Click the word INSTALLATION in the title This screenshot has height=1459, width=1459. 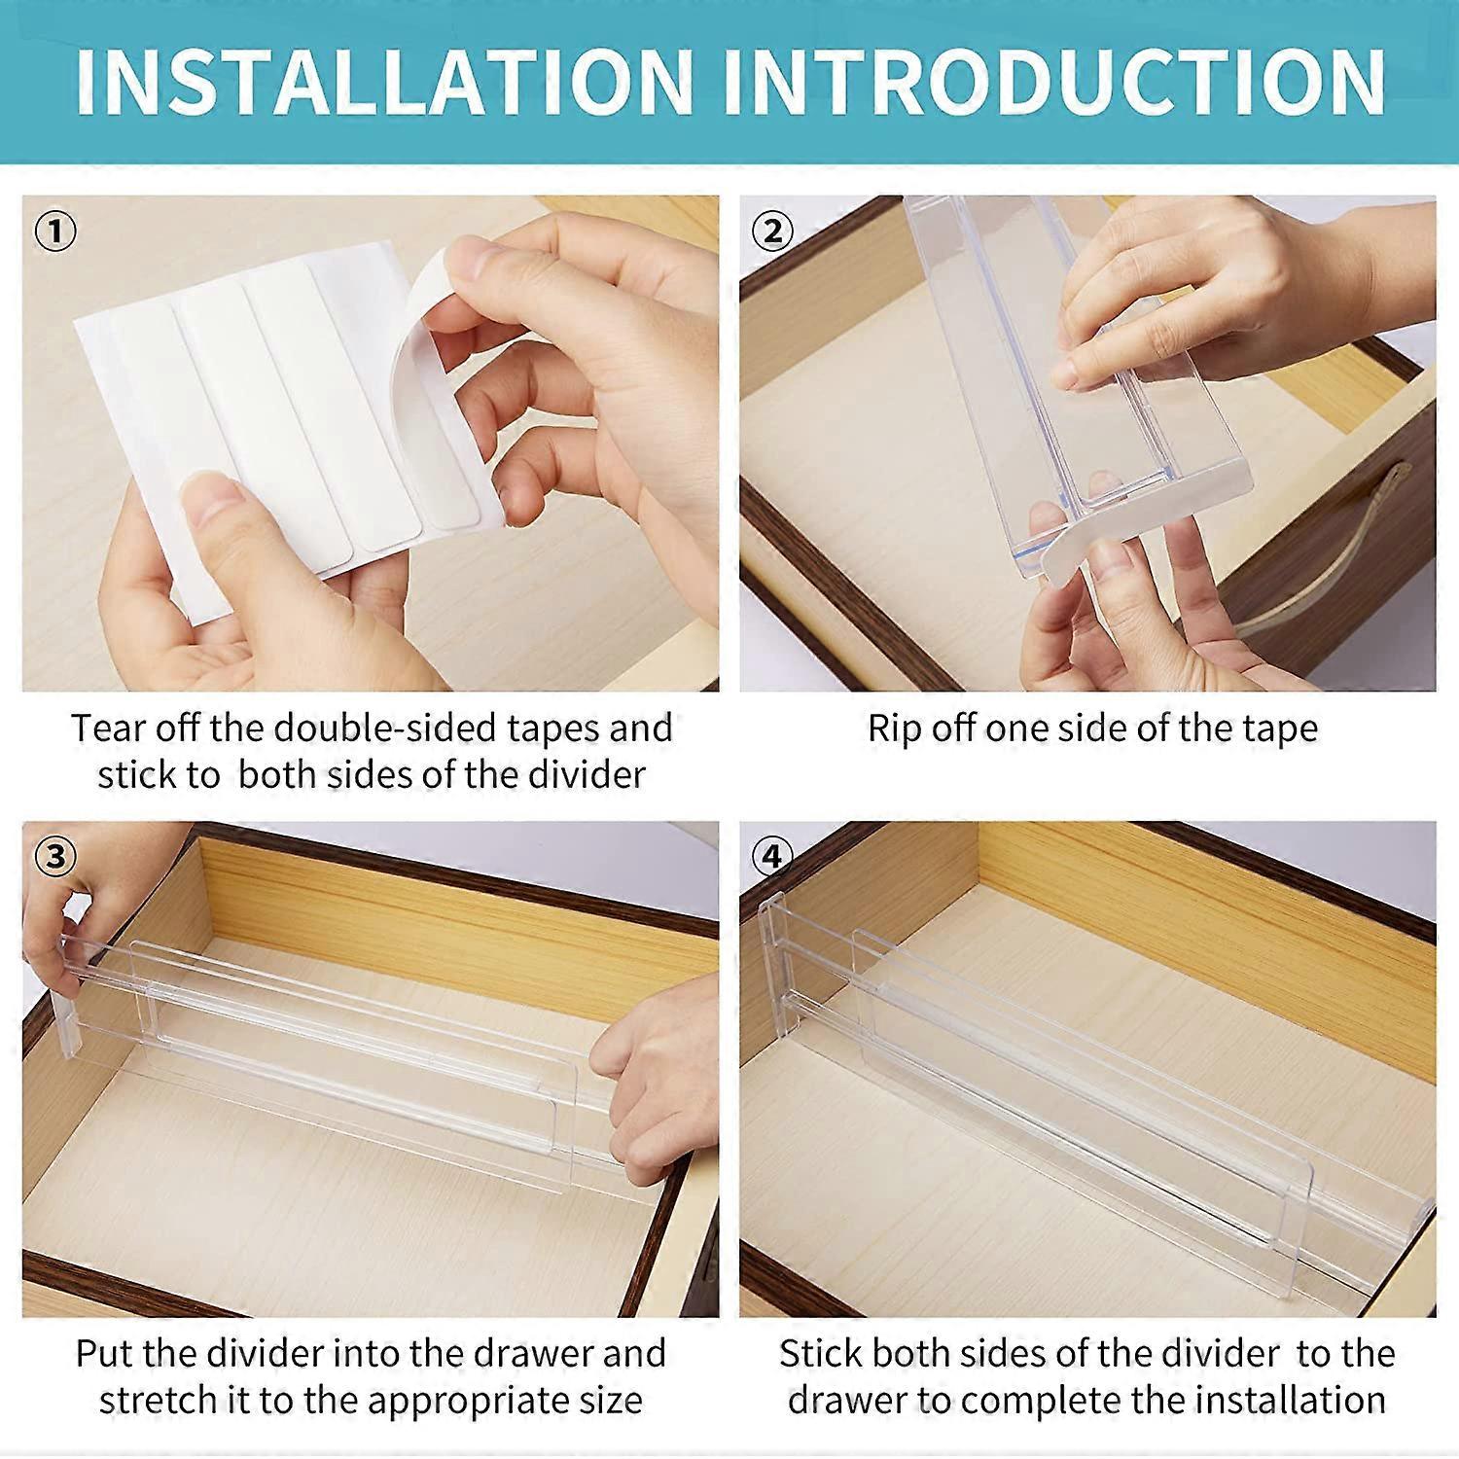point(383,82)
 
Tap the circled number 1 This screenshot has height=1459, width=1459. point(55,231)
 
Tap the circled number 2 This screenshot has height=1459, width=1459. point(772,231)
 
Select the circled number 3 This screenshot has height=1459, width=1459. point(55,856)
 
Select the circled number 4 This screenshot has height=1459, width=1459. point(772,856)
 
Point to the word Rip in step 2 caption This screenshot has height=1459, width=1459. point(894,729)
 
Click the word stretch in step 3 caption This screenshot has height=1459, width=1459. point(158,1401)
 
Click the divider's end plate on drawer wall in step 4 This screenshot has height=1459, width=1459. point(773,963)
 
